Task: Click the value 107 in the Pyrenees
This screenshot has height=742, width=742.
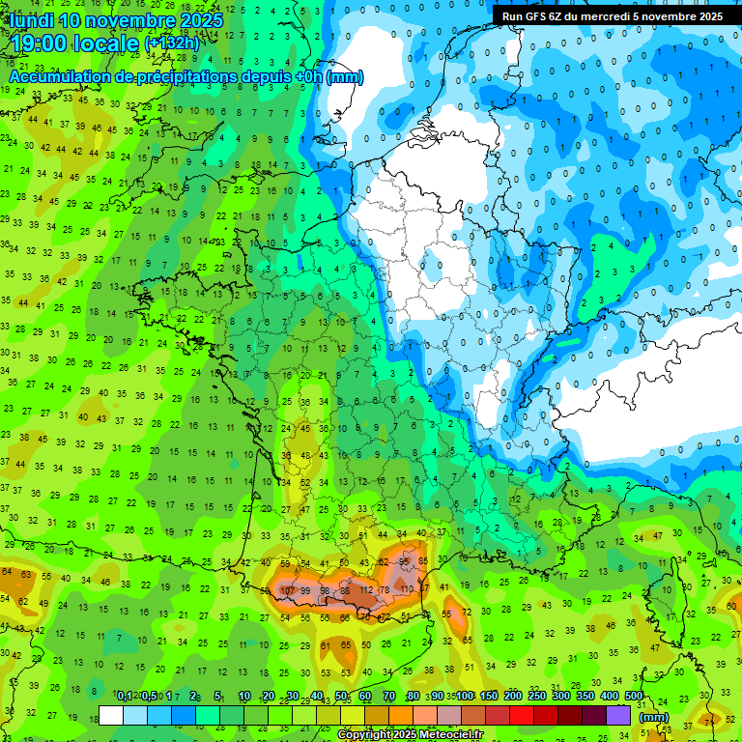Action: click(x=287, y=590)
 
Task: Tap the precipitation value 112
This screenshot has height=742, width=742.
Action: click(x=366, y=590)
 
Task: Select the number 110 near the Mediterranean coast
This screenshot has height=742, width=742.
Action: click(x=407, y=588)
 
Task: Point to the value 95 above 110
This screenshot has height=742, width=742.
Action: click(x=405, y=561)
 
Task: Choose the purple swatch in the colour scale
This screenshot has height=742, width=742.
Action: click(x=619, y=716)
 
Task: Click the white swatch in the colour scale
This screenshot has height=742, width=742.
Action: click(x=111, y=716)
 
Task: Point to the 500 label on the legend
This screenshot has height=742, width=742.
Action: click(x=633, y=696)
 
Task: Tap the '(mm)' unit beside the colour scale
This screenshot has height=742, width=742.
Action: click(x=653, y=717)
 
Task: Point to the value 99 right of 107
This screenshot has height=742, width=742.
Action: click(x=306, y=590)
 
